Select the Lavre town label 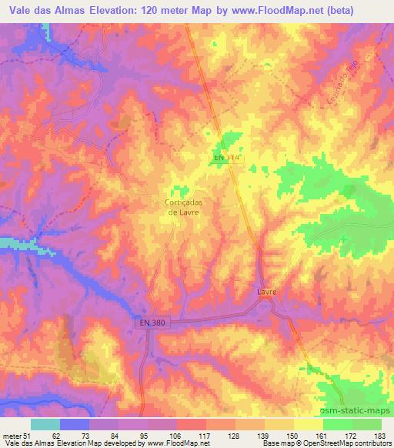(x=266, y=293)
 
